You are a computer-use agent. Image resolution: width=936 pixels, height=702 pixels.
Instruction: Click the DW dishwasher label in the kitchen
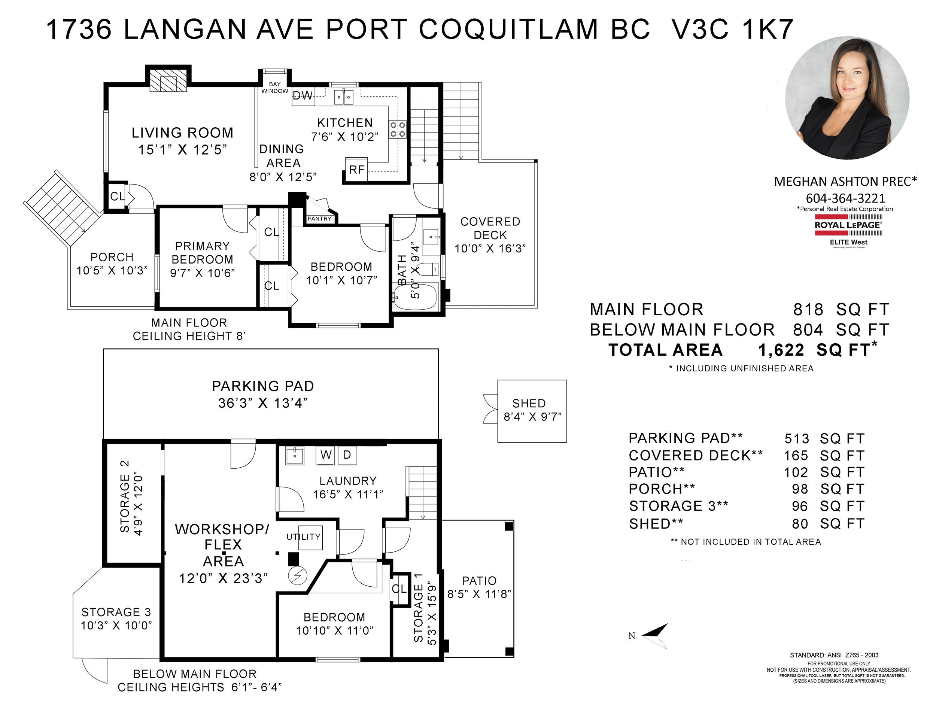(303, 95)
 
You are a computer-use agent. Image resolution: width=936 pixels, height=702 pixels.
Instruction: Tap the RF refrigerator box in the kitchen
(357, 170)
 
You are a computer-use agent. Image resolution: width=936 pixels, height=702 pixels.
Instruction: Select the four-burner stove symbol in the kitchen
(397, 130)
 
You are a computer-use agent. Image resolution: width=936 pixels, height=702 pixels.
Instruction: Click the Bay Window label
(274, 88)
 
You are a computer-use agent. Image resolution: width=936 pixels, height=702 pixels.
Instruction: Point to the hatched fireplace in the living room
(168, 80)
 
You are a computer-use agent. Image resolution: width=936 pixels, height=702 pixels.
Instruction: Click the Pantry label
(319, 219)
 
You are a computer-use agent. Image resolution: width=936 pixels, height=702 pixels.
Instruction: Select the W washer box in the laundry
(325, 455)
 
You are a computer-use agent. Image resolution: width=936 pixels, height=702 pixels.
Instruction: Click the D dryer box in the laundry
(347, 455)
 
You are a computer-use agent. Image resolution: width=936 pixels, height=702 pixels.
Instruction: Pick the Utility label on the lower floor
(303, 537)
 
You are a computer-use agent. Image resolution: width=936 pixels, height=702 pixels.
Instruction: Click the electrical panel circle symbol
(297, 575)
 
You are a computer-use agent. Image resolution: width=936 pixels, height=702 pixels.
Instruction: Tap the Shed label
(529, 403)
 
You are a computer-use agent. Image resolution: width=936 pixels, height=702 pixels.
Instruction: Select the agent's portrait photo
(847, 98)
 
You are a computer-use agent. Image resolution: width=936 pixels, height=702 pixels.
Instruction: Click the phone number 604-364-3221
(845, 198)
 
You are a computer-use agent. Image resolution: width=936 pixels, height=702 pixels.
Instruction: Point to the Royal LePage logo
(848, 231)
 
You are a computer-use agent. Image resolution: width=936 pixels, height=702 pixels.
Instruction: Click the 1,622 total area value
(781, 350)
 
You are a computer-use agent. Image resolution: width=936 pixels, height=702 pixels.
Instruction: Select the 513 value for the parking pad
(797, 439)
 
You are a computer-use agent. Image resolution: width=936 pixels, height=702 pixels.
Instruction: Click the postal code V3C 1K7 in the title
(732, 29)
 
